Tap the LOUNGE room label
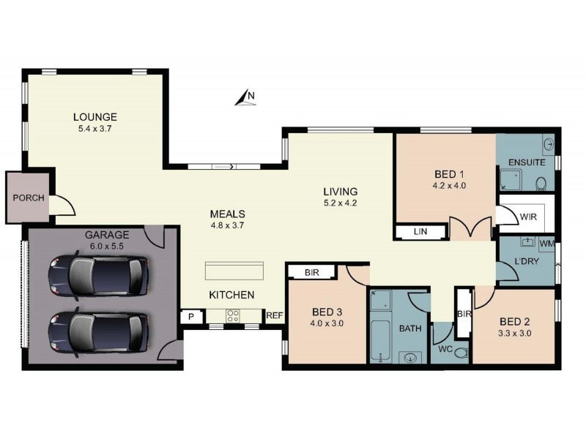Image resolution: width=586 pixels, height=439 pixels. [94, 117]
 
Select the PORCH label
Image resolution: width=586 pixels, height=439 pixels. [29, 198]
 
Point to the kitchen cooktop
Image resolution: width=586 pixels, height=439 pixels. [234, 316]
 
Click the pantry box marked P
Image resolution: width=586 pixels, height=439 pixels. [190, 316]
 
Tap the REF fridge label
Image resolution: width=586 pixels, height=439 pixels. [274, 316]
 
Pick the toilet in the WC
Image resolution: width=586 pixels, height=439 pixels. [461, 353]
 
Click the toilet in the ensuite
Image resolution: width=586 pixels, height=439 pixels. [541, 182]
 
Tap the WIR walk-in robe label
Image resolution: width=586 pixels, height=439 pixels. [529, 217]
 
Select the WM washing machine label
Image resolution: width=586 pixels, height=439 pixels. [546, 243]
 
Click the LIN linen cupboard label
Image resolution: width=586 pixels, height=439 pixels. [420, 233]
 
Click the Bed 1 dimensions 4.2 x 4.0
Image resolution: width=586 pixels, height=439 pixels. [449, 186]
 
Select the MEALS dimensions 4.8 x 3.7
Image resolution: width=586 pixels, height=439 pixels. [226, 225]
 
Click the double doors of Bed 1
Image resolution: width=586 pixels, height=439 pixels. [470, 229]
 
